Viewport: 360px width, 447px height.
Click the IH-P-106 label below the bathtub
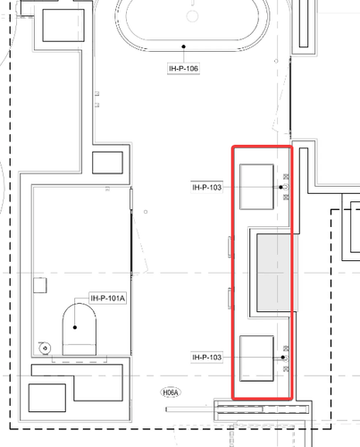pos(183,69)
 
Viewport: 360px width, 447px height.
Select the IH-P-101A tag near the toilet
pos(107,299)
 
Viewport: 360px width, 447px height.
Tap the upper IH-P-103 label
pos(206,188)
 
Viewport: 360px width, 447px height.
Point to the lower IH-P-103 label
pos(206,357)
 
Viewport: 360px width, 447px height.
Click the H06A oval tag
pos(171,392)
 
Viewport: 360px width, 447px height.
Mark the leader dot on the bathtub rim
pos(184,46)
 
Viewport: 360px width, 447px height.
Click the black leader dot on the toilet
pos(75,327)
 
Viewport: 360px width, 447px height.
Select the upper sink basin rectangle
pos(256,187)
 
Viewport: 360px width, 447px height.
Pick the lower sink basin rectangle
pos(256,358)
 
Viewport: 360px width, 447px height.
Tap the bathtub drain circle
pos(193,16)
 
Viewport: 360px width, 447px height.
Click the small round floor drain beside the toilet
pos(45,348)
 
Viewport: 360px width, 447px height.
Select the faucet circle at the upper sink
pos(286,187)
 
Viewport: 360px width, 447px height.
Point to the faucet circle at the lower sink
pos(286,358)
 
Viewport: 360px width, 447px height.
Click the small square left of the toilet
pos(40,285)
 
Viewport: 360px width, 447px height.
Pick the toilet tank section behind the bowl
pos(80,350)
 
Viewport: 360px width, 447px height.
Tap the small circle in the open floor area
pos(146,212)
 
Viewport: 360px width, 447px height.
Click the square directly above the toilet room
pos(107,163)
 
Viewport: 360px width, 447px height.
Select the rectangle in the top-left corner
pos(63,25)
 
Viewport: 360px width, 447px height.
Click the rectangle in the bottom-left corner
pos(47,398)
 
